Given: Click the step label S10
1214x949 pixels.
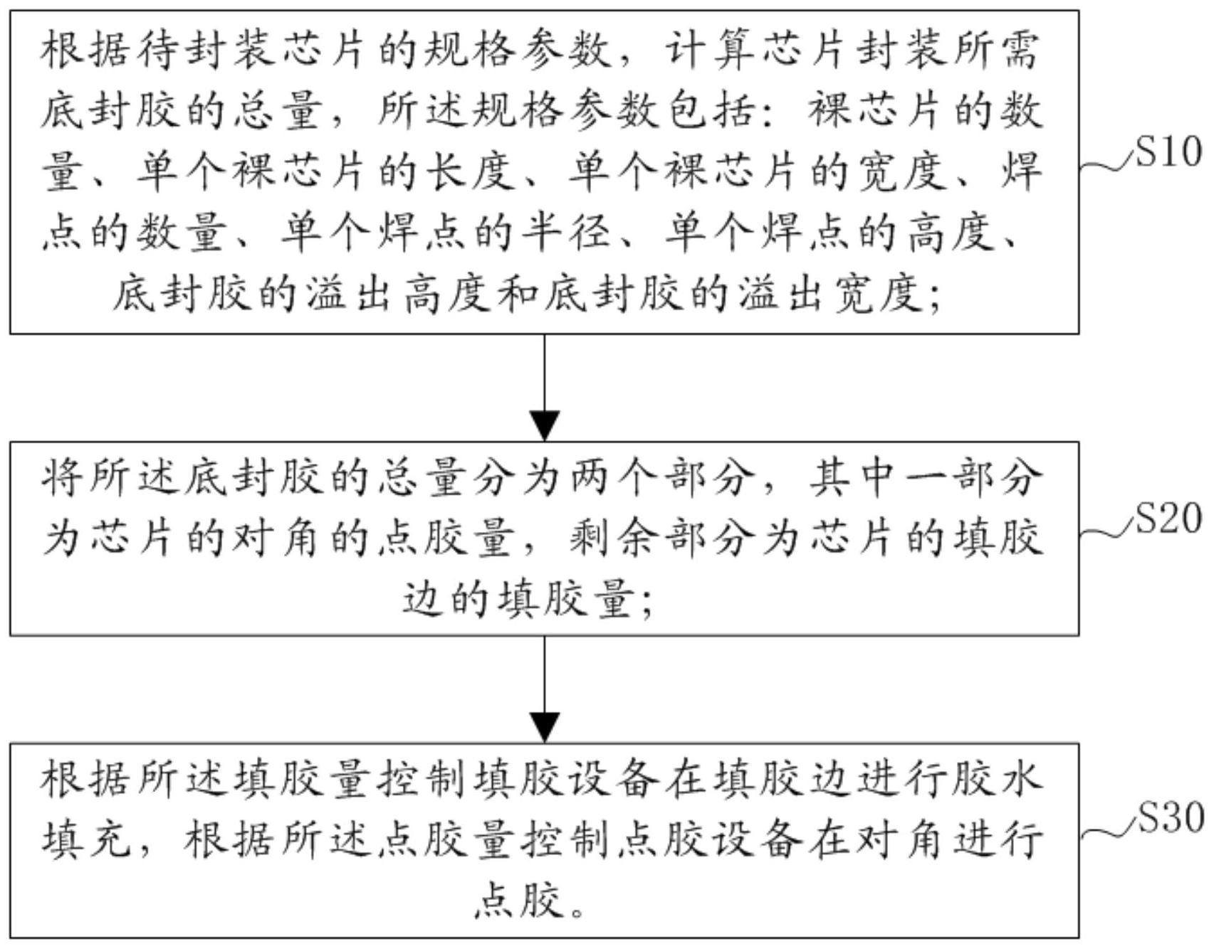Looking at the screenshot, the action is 1168,152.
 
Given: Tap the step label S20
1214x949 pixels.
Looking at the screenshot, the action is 1168,518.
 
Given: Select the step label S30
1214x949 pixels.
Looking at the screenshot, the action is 1168,818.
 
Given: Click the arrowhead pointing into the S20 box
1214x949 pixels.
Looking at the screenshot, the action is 545,426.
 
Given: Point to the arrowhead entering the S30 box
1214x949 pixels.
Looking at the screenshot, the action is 545,727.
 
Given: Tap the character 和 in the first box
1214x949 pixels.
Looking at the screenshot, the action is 518,292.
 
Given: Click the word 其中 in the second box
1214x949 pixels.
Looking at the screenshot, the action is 851,477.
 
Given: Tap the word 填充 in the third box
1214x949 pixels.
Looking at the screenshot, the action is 85,839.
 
